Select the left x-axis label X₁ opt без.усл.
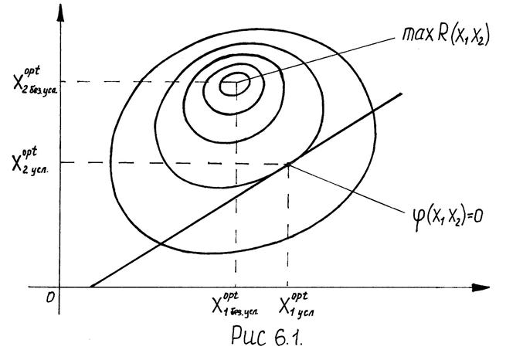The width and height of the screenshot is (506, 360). click(x=235, y=307)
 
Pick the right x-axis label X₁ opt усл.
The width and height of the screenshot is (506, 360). click(x=291, y=307)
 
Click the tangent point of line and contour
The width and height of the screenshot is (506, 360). click(x=287, y=163)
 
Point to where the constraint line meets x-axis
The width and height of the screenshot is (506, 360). click(x=89, y=288)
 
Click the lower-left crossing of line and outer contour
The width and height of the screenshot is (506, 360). click(x=158, y=245)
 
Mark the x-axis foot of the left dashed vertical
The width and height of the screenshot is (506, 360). click(x=235, y=288)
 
